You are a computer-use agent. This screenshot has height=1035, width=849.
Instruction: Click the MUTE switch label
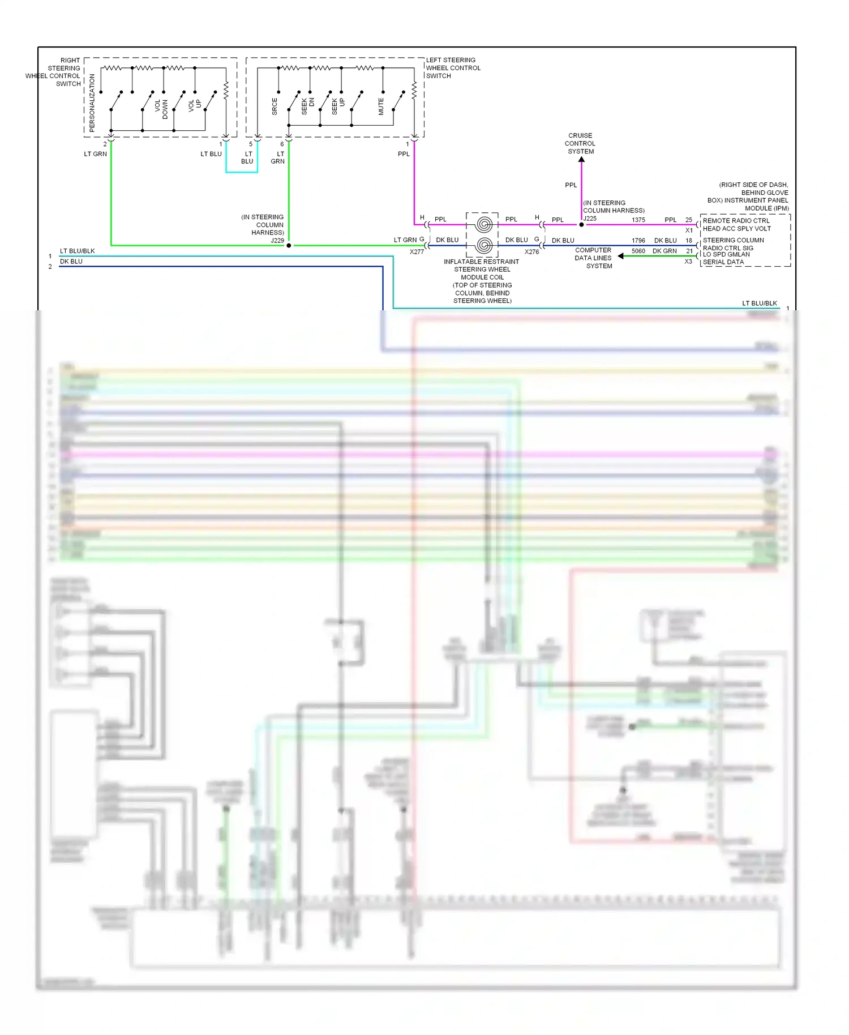(381, 106)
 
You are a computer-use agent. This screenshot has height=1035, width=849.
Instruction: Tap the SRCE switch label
(275, 106)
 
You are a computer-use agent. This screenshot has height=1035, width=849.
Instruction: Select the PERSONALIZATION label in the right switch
(92, 103)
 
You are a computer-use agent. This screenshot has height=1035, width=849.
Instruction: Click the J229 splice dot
(289, 246)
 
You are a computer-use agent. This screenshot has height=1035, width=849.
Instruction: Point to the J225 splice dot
(581, 225)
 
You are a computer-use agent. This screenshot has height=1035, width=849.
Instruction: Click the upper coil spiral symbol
(483, 224)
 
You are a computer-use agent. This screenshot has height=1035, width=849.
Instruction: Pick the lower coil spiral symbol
(483, 245)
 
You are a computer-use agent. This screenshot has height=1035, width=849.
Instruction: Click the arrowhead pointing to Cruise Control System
(581, 160)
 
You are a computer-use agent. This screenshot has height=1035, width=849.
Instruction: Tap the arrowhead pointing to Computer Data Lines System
(621, 256)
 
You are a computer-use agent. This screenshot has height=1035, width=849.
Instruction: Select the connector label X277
(417, 252)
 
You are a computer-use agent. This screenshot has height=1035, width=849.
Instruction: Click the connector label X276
(531, 252)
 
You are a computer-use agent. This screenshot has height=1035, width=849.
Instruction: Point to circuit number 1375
(638, 220)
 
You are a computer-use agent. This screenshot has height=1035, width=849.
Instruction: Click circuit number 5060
(638, 251)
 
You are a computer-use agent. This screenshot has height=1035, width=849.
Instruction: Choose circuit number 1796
(638, 241)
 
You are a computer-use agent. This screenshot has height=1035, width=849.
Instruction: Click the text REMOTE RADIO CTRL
(736, 221)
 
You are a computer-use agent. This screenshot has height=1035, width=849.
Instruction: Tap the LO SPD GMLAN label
(726, 255)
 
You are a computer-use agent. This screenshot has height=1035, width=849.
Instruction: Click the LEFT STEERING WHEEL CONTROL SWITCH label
(453, 68)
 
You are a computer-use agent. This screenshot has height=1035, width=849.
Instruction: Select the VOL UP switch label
(195, 105)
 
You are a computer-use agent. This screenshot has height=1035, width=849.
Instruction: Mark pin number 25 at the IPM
(689, 220)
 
